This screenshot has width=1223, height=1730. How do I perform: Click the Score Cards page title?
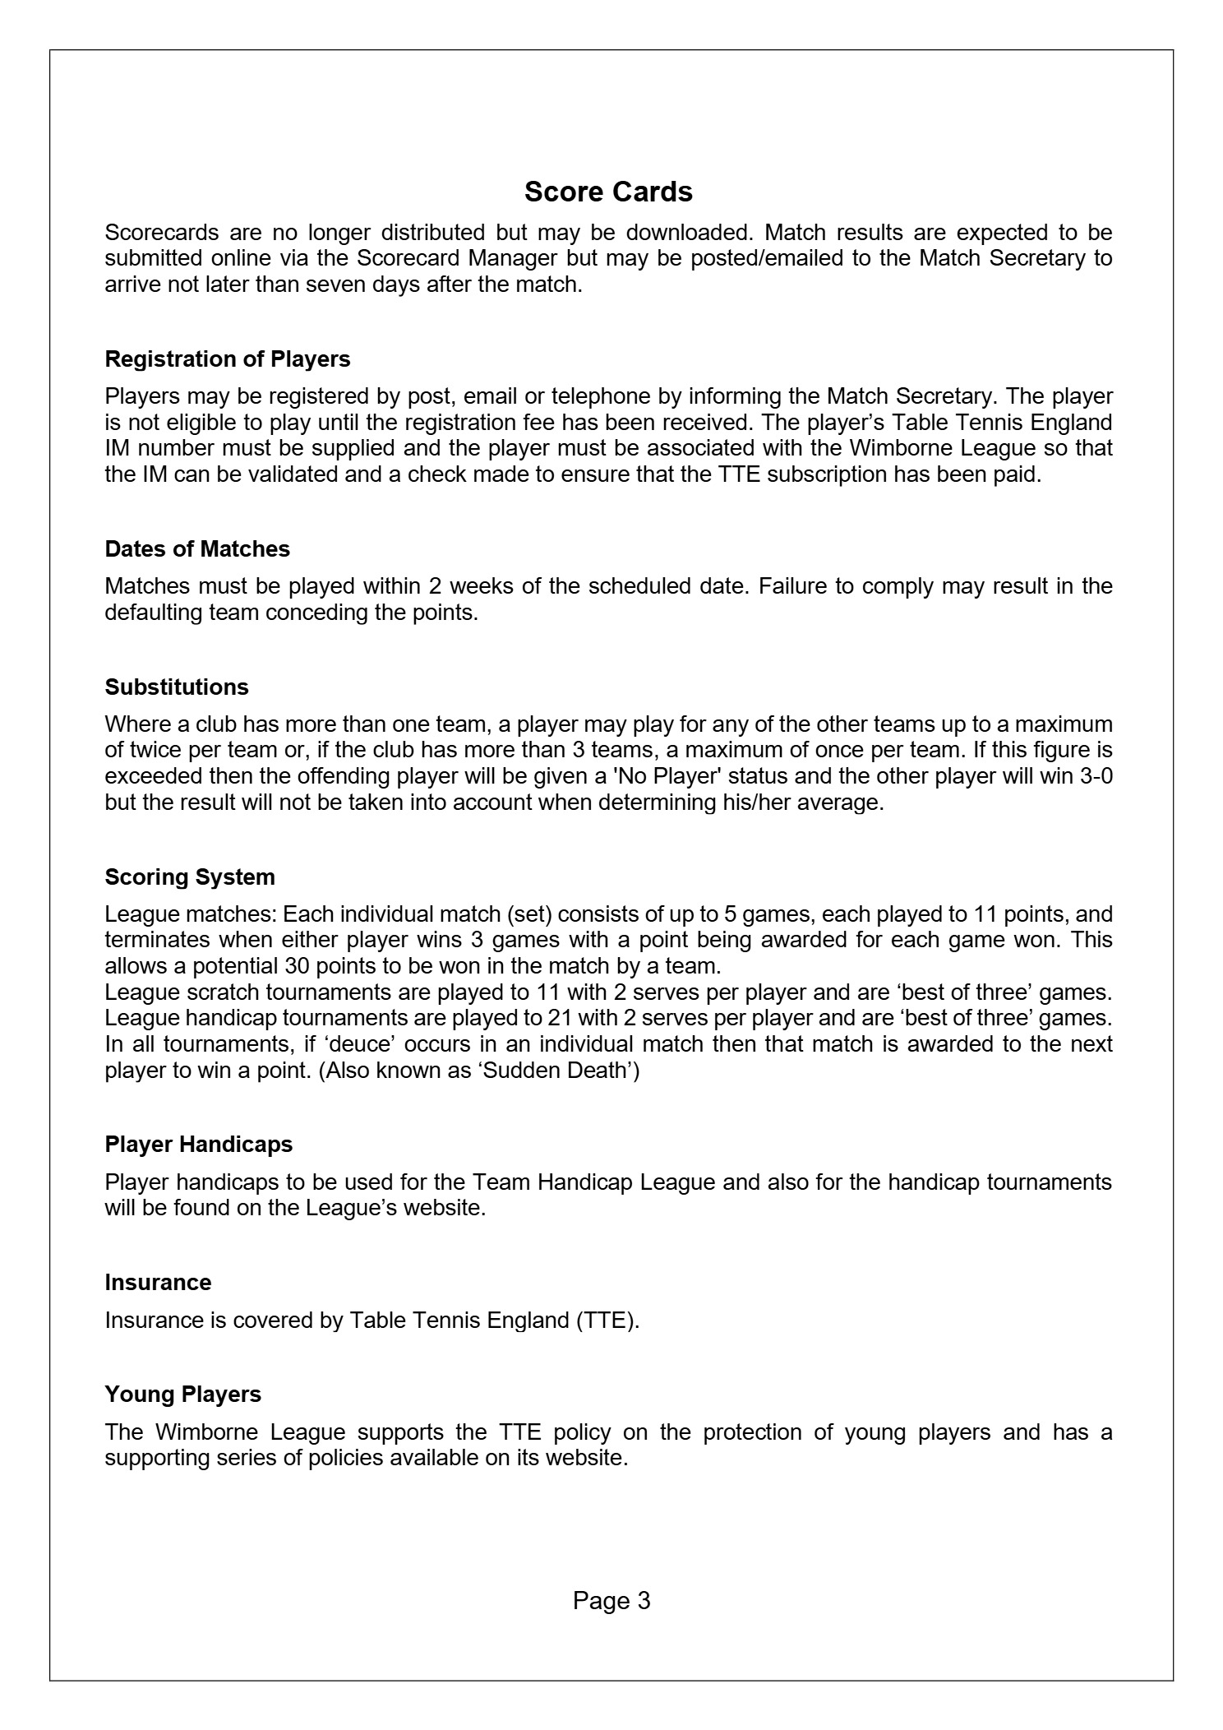click(608, 192)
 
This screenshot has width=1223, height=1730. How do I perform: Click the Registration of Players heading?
click(227, 359)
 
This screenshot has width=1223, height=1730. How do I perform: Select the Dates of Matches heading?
click(197, 549)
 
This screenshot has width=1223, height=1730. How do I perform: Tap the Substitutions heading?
click(177, 687)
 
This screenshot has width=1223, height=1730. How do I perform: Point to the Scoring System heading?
click(190, 877)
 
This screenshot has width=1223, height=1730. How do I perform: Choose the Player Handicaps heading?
click(199, 1145)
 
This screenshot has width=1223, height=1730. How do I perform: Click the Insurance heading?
click(158, 1283)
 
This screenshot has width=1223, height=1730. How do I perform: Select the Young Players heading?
click(183, 1395)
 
